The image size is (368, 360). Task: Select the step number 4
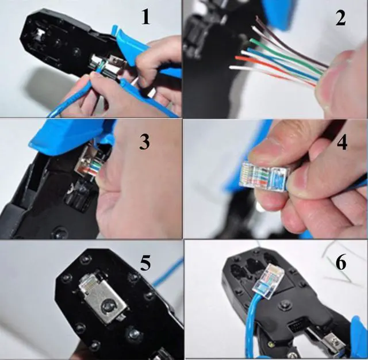tap(342, 141)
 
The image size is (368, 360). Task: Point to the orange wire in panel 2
tap(270, 64)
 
